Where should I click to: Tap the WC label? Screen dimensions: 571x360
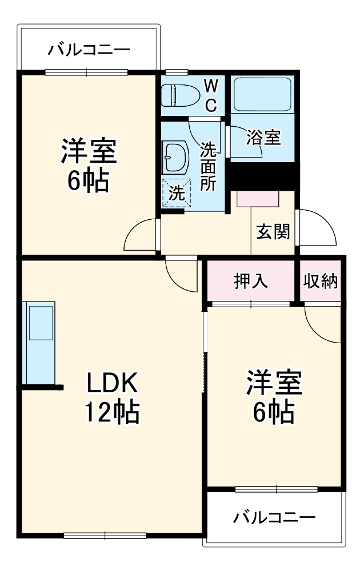211,95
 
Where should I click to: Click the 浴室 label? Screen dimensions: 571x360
263,137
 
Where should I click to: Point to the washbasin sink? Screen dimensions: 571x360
176,157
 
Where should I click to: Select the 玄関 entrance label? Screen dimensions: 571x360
273,231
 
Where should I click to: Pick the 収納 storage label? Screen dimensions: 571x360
321,281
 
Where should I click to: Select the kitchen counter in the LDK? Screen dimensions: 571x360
38,343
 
